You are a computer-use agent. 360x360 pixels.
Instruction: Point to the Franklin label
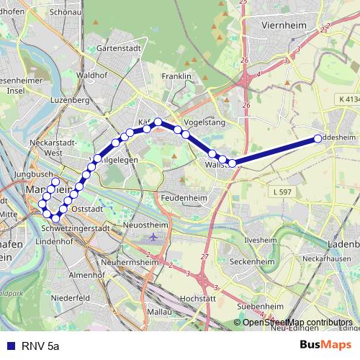[176, 76]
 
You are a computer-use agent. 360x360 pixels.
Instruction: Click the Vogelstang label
[204, 122]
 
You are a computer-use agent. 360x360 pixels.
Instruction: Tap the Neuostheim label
[146, 225]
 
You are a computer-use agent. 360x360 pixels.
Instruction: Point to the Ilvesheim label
[261, 239]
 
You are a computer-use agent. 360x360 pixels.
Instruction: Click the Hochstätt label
[198, 297]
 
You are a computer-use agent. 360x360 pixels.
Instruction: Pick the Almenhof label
[87, 274]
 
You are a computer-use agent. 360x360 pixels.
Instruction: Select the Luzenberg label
[70, 100]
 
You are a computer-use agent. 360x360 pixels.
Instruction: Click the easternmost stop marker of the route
[318, 139]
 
